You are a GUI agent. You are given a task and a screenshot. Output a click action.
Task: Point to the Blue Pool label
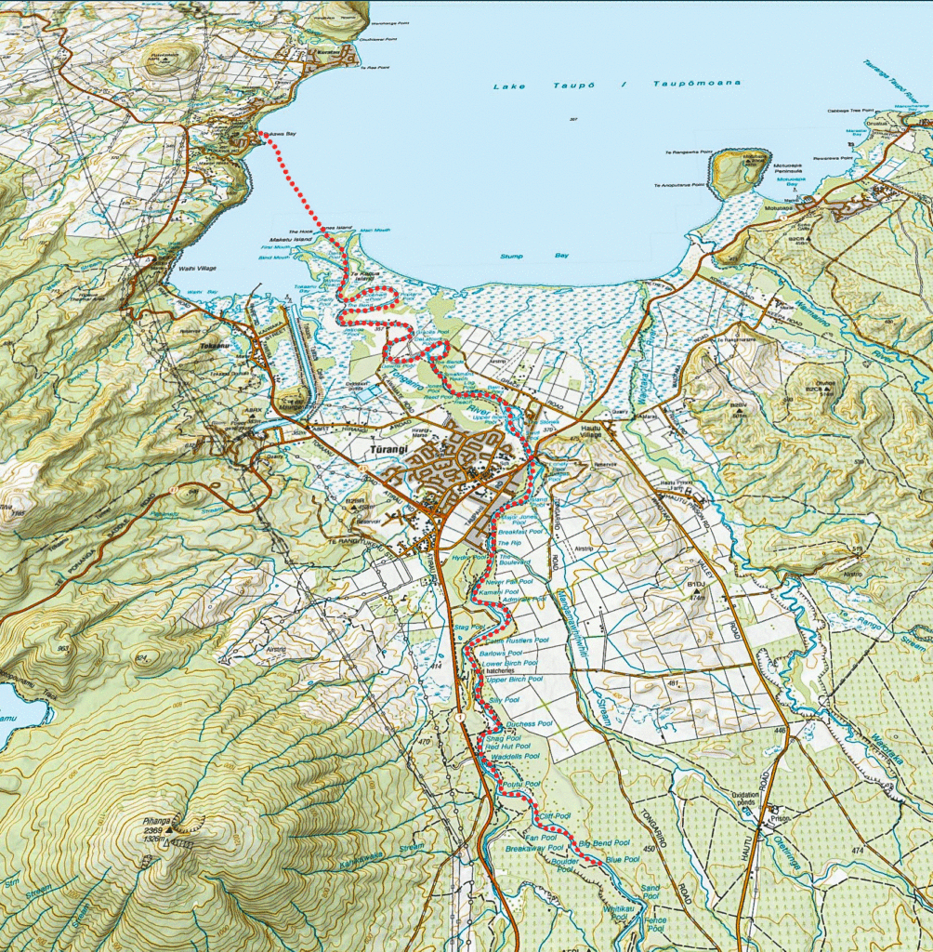[x=622, y=860]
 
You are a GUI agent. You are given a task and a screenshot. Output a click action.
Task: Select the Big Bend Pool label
[x=604, y=842]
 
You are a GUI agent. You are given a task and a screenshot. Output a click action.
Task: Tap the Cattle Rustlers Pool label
[x=518, y=641]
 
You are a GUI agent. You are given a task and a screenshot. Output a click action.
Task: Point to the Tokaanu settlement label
[x=214, y=344]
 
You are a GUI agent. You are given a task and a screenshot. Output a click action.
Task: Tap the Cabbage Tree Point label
[x=851, y=111]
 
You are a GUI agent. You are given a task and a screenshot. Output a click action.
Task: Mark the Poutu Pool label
[x=521, y=785]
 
